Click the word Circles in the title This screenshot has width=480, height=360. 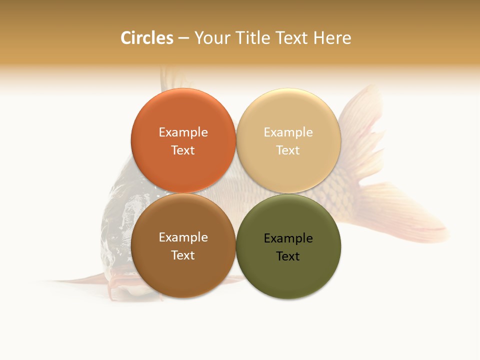[x=146, y=38]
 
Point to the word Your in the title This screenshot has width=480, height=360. [x=212, y=38]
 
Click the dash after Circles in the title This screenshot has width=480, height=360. [x=183, y=38]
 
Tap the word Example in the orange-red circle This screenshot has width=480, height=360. [x=183, y=132]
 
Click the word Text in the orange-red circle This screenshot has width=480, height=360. [x=183, y=150]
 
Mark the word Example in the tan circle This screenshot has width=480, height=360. [x=288, y=132]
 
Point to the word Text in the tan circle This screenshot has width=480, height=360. [x=288, y=150]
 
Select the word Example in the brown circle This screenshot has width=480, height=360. [x=183, y=237]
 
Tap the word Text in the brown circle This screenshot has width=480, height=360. [x=183, y=255]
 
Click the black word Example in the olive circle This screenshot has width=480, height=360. [x=288, y=238]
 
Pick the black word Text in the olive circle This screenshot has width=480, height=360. [x=288, y=256]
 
